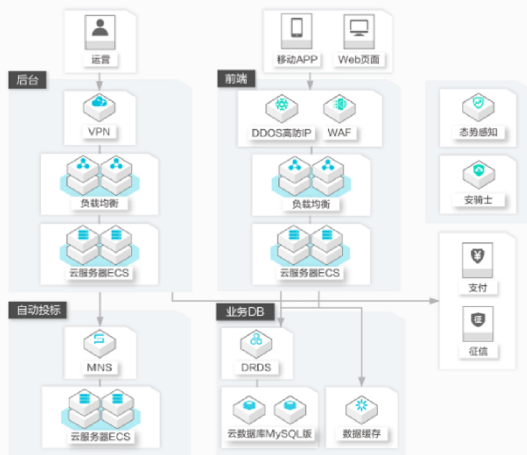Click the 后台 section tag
(x=27, y=80)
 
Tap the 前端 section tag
(x=236, y=79)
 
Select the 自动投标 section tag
(x=38, y=310)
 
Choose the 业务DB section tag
(x=246, y=312)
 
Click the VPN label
(x=99, y=132)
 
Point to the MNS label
(x=99, y=368)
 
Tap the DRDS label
(x=256, y=368)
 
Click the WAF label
(x=340, y=133)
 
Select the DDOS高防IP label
(x=281, y=133)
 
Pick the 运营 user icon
(x=100, y=32)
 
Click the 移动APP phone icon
(x=297, y=31)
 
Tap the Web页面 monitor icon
(x=359, y=32)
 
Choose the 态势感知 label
(x=478, y=132)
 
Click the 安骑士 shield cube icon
(x=479, y=174)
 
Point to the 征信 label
(x=478, y=351)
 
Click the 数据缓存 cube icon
(x=361, y=409)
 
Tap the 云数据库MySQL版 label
(x=270, y=434)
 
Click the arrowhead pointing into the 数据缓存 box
(x=361, y=382)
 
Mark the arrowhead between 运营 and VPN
(x=99, y=86)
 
